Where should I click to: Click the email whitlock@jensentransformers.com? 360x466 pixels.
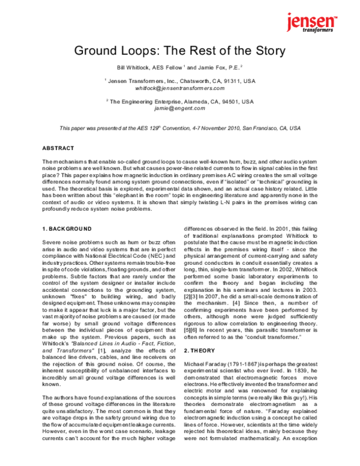(180, 88)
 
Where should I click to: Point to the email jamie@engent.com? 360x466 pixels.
(180, 109)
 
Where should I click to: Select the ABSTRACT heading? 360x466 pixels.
(58, 148)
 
